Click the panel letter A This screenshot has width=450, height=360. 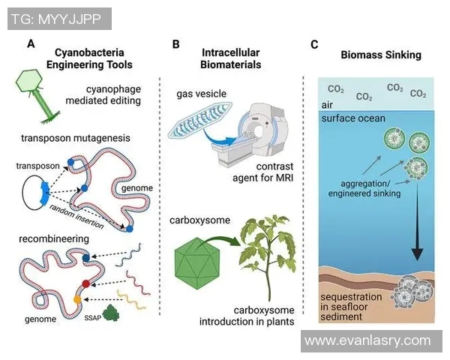[31, 44]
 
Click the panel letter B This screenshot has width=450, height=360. [175, 44]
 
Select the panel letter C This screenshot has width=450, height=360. [314, 44]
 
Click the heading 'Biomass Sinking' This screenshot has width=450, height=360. [380, 55]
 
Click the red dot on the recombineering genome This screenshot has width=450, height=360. [87, 283]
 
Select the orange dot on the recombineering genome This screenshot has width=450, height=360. [78, 300]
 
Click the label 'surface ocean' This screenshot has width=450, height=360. [352, 119]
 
